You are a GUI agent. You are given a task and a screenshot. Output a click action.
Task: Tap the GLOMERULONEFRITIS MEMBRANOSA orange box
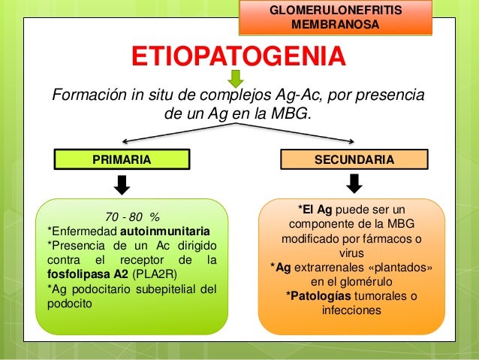point(335,18)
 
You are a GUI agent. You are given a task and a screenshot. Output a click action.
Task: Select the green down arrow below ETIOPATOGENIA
point(235,77)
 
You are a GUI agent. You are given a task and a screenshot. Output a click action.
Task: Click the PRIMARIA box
point(121,159)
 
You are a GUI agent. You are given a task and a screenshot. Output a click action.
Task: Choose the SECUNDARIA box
point(354,159)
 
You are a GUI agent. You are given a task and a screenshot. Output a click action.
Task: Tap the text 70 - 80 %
point(126,216)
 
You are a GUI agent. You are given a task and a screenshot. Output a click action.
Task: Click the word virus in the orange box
point(351,253)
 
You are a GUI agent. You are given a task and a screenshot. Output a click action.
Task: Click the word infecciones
point(351,310)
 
